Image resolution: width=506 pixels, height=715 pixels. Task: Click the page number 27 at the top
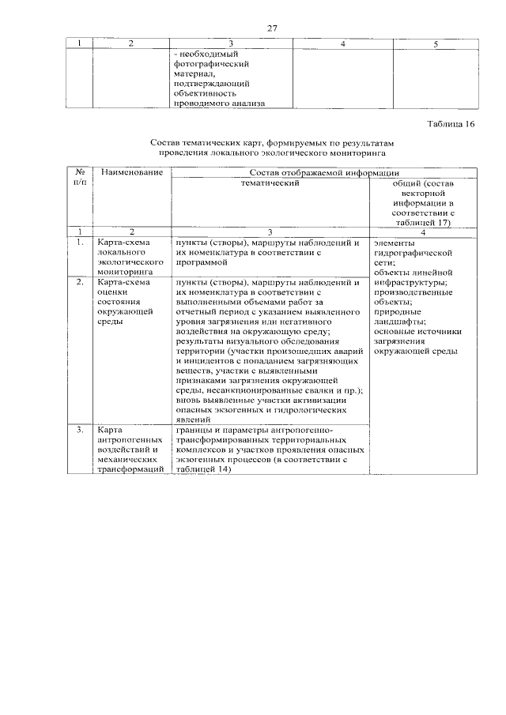click(x=272, y=28)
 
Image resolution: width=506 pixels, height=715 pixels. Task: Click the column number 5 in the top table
click(x=436, y=44)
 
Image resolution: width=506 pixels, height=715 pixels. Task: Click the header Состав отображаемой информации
click(x=323, y=171)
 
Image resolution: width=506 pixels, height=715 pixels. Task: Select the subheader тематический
click(x=281, y=183)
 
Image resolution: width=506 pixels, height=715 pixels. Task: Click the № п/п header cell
click(x=79, y=177)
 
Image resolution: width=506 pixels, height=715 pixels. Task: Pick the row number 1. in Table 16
click(x=79, y=243)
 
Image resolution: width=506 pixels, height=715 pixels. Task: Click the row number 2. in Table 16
click(x=79, y=282)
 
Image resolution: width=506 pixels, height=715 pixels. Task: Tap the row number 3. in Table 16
click(x=79, y=431)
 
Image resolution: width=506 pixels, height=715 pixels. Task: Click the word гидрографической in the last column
click(x=413, y=254)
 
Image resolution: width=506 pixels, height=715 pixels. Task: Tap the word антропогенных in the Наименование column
click(x=130, y=440)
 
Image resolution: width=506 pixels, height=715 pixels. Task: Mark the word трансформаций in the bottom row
click(x=130, y=469)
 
